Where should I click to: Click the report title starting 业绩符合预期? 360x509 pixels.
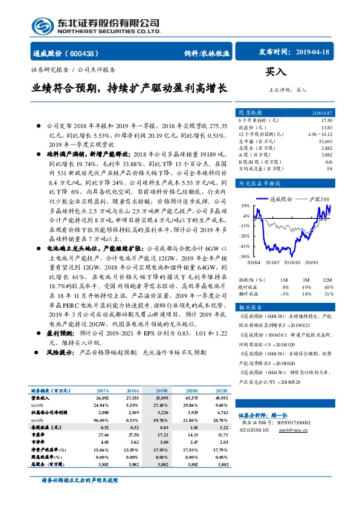[129, 88]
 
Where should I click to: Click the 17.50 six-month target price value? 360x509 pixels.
[326, 120]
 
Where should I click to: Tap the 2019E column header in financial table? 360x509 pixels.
[161, 391]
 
